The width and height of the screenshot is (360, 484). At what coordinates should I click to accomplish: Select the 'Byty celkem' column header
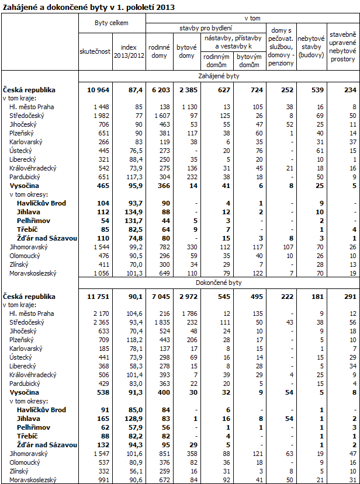[x=112, y=23]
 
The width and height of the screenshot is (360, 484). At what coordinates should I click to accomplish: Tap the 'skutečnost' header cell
[x=95, y=51]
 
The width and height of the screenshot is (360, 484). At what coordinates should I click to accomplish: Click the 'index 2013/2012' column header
[x=129, y=51]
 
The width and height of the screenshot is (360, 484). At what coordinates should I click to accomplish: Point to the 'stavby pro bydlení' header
[x=205, y=28]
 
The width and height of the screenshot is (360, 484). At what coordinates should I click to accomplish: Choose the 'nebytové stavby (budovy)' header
[x=310, y=47]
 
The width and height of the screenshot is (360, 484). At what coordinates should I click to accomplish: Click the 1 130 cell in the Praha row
[x=189, y=107]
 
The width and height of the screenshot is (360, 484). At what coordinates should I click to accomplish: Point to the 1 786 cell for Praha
[x=189, y=314]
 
